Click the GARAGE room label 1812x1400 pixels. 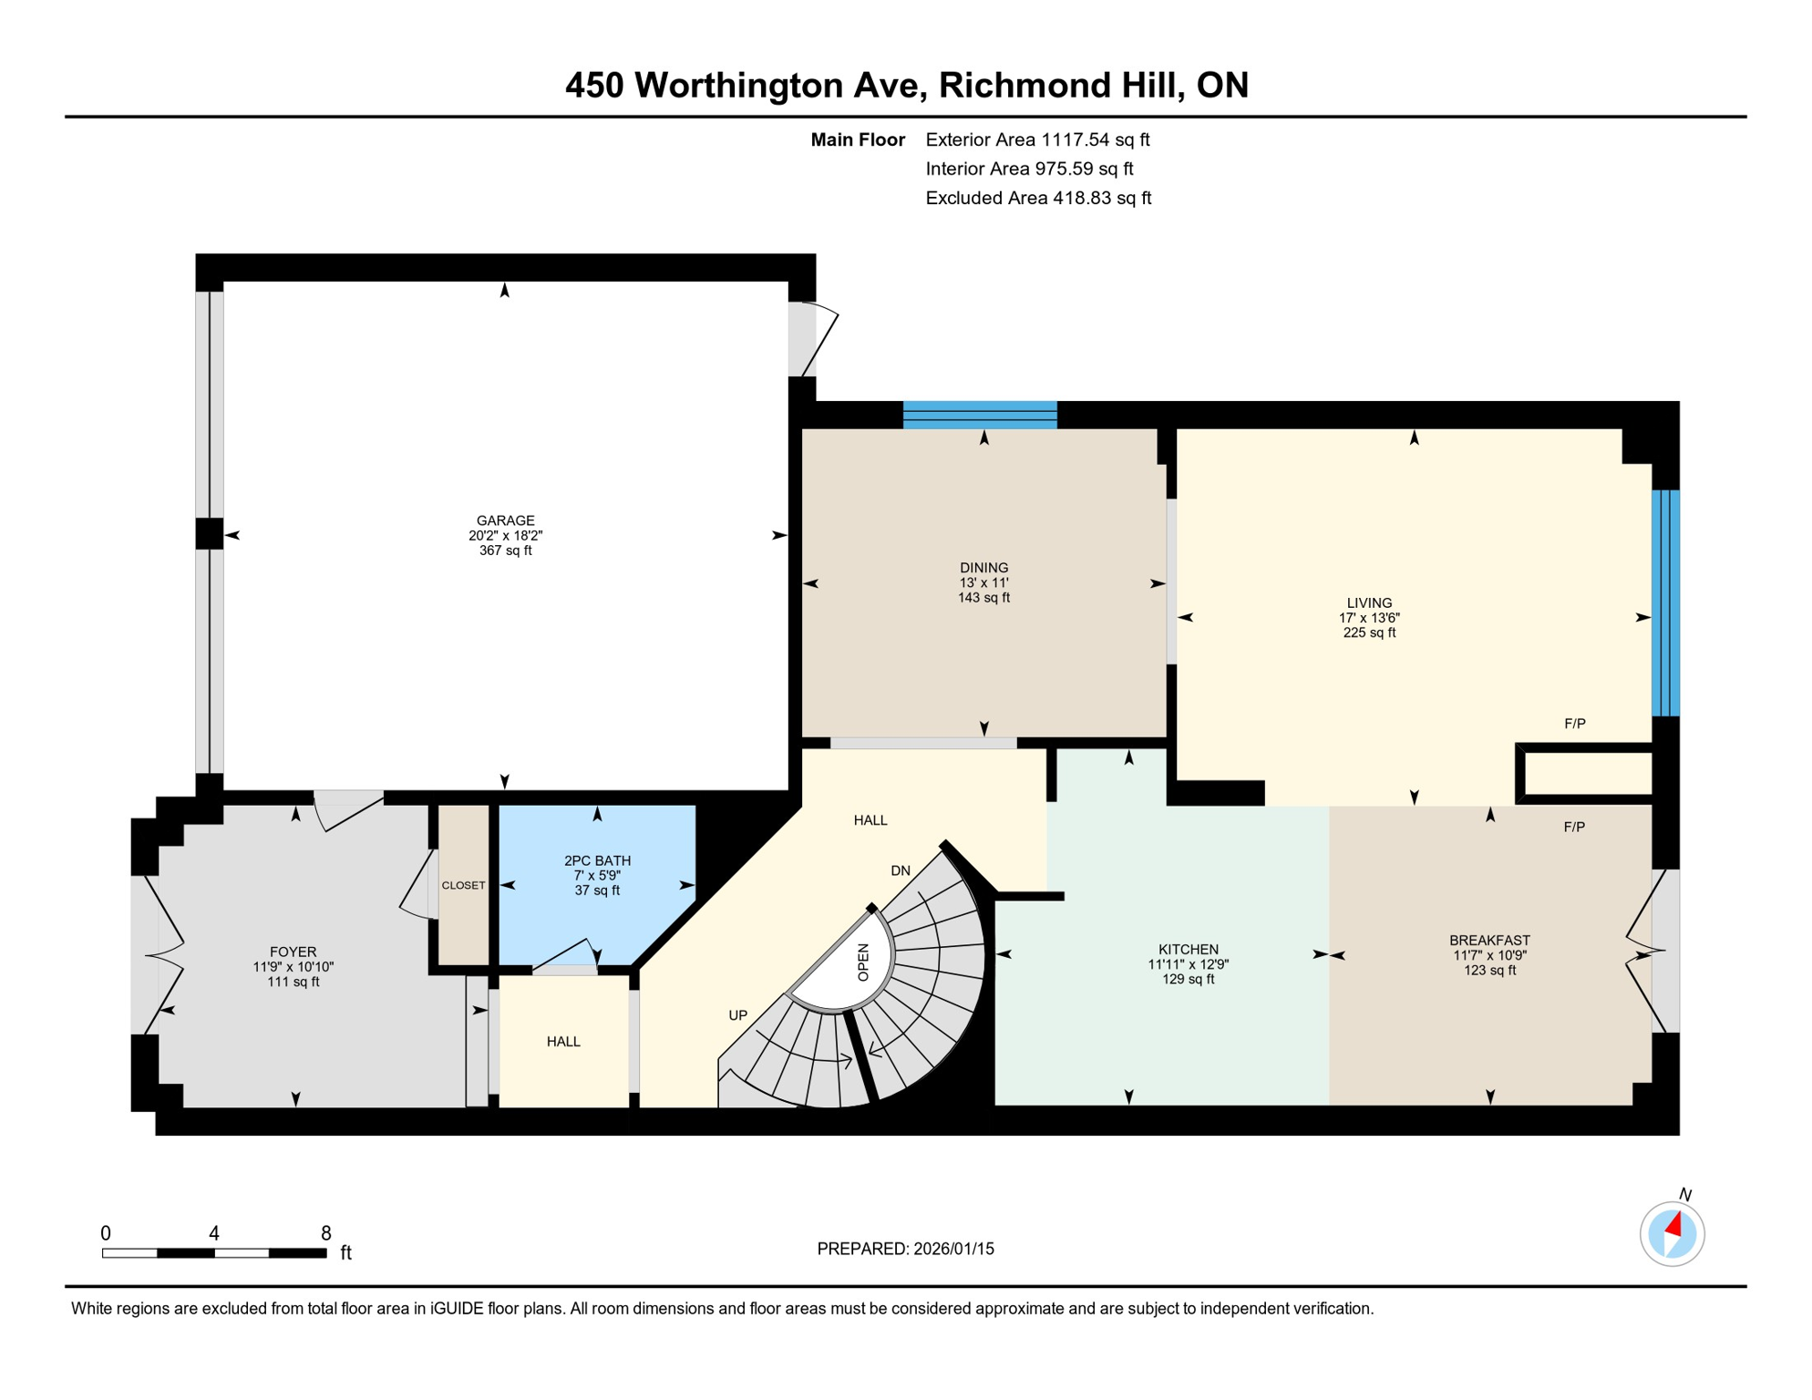pos(505,520)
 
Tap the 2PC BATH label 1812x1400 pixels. pos(597,860)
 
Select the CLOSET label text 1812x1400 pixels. pos(463,885)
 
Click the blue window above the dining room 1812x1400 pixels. pos(980,415)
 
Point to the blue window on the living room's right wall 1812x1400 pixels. pos(1665,602)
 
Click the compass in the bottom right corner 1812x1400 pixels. pos(1672,1234)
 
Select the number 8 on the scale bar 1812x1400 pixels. pos(325,1233)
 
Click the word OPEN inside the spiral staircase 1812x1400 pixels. pos(863,962)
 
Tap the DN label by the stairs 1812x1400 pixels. pos(901,870)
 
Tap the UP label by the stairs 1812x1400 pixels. pos(737,1015)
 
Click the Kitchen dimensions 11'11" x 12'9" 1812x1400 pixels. pos(1188,964)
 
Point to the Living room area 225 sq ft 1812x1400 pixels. pos(1369,633)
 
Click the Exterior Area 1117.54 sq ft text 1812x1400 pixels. pos(1037,139)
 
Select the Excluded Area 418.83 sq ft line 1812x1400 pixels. pos(1038,198)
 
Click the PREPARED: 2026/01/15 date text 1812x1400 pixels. pos(905,1249)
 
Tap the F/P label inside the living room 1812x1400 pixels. pos(1574,724)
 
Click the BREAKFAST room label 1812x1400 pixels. pos(1489,940)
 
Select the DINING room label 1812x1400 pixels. pos(983,567)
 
